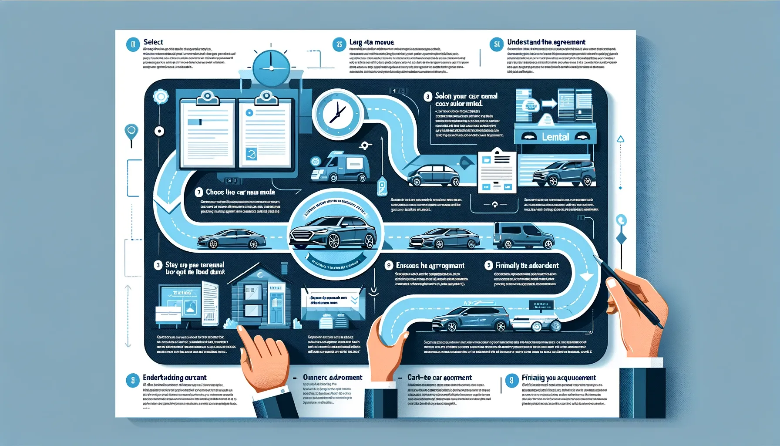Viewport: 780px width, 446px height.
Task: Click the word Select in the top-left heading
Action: [x=153, y=42]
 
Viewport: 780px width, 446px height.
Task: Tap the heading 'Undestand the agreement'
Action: [x=546, y=42]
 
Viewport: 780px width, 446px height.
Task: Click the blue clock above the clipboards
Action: [x=271, y=68]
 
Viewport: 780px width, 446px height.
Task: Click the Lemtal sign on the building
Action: [x=555, y=137]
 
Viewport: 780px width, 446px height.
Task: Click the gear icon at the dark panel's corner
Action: [x=160, y=96]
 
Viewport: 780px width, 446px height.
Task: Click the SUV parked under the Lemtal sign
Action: [x=564, y=173]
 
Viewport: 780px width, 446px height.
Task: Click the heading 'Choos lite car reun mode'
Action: [x=240, y=192]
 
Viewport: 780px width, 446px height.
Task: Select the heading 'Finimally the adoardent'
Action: [x=527, y=265]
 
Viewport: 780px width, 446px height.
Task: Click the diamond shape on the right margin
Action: [x=621, y=239]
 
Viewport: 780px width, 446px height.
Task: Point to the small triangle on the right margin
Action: [x=621, y=139]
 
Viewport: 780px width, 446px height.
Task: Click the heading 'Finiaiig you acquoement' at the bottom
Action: [x=558, y=378]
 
